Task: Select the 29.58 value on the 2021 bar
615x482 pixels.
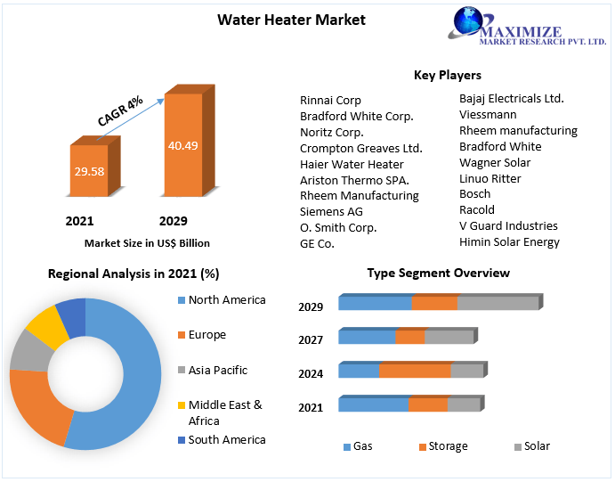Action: point(87,171)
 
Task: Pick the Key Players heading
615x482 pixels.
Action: point(448,76)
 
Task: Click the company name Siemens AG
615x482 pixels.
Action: point(331,211)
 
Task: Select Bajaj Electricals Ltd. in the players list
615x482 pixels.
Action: point(511,99)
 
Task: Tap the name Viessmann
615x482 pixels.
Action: point(488,115)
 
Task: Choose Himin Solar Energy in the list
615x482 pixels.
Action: point(509,241)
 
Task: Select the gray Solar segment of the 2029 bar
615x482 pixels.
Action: point(498,303)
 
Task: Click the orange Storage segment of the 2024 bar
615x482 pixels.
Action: point(415,371)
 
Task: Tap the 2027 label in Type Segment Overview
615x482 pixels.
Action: point(311,339)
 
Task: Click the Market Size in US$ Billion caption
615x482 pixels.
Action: point(147,242)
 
